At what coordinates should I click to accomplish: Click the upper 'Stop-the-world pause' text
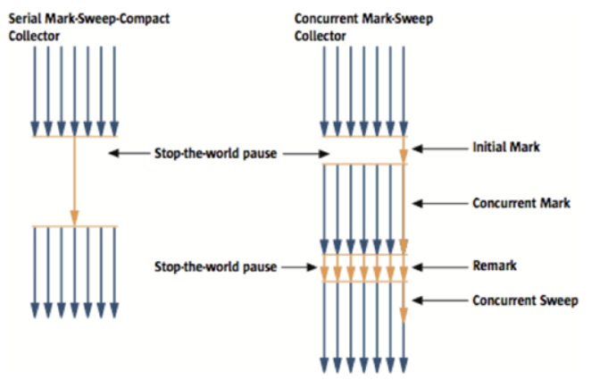[214, 153]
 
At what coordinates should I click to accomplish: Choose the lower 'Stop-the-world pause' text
[214, 266]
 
